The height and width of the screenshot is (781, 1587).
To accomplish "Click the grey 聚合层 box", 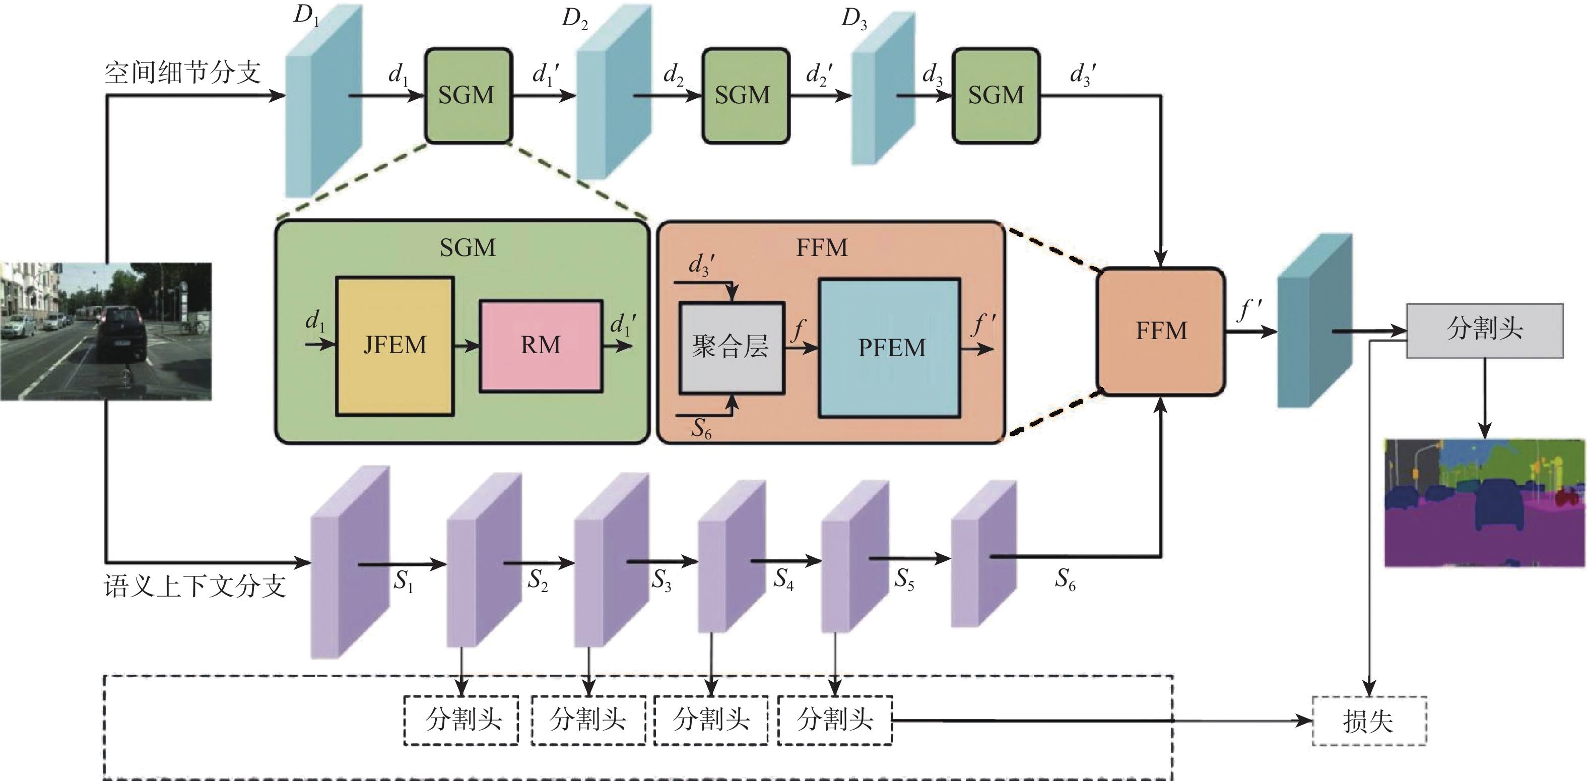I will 731,347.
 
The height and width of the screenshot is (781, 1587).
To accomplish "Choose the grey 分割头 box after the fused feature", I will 1484,330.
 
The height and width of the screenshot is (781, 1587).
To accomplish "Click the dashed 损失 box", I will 1368,721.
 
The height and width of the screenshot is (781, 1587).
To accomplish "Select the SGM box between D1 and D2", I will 468,95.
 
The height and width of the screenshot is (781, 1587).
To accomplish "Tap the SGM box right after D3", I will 996,95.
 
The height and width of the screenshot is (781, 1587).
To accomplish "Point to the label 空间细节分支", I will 183,73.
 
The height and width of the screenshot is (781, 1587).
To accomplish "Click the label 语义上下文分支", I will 194,585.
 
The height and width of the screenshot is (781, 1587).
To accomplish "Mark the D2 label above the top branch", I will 574,19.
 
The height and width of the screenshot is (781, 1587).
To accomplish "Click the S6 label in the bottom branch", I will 1065,579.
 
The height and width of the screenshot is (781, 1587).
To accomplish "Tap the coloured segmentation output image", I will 1484,502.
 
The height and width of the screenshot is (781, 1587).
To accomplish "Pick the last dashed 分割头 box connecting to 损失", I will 835,720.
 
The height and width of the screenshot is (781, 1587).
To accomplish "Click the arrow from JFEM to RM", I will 467,346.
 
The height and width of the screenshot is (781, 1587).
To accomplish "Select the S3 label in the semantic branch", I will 661,579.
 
